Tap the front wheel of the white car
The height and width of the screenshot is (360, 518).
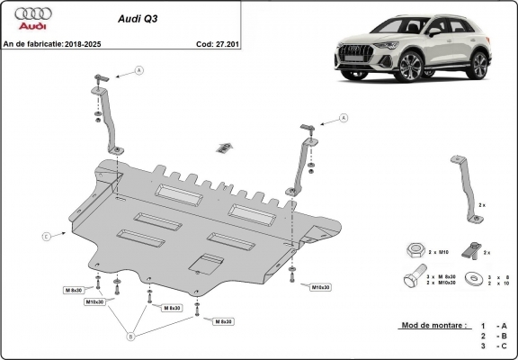pos(411,67)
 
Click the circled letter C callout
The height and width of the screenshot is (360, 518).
pos(46,236)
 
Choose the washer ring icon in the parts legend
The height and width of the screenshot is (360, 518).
pos(469,281)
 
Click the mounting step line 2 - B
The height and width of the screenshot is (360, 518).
pos(494,335)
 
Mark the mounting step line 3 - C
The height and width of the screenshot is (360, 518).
pos(494,346)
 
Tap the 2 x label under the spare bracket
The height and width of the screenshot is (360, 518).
pos(482,205)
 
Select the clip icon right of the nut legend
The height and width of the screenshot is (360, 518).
pos(469,248)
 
